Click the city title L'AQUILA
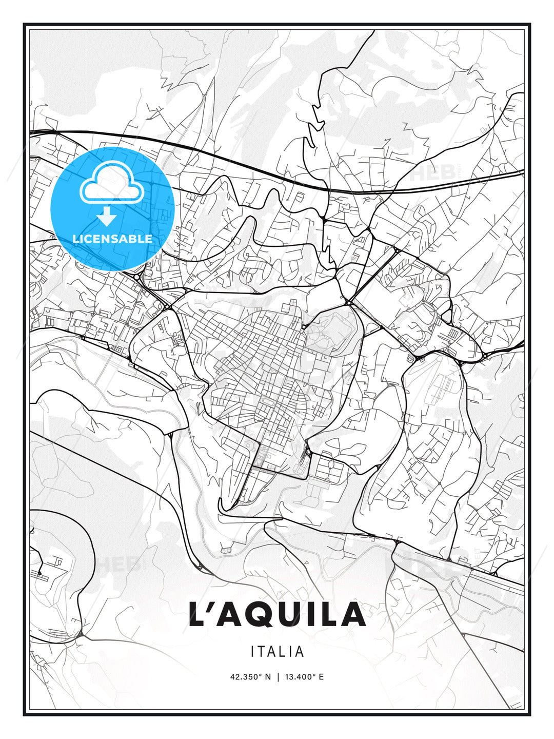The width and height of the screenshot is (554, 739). [277, 614]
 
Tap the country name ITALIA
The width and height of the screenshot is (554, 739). [277, 652]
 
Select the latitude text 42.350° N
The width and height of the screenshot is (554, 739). [250, 677]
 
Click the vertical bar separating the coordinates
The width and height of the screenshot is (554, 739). [278, 677]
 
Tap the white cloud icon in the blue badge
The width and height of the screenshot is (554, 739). [111, 183]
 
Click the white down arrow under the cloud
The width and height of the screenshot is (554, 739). [107, 217]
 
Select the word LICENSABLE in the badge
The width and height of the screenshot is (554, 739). [112, 239]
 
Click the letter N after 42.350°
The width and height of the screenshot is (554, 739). [267, 677]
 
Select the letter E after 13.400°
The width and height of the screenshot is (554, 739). [321, 677]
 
